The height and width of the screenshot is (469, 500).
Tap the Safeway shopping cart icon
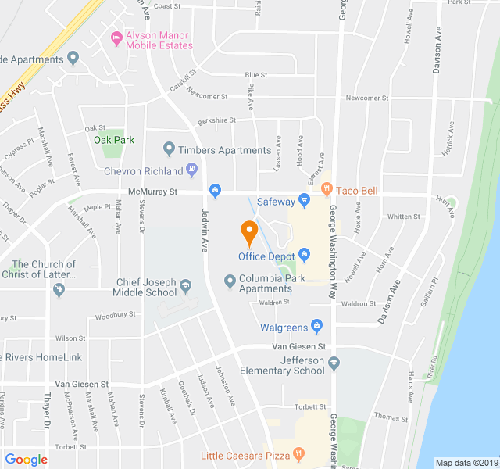click(x=305, y=200)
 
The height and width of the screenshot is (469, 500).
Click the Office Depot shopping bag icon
click(x=305, y=255)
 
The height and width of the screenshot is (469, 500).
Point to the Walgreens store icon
click(x=316, y=325)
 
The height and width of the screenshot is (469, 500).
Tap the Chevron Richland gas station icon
click(x=191, y=170)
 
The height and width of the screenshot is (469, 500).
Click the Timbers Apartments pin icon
click(x=168, y=149)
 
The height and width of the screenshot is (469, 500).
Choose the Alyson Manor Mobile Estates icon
click(x=116, y=37)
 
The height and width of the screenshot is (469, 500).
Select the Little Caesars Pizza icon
click(x=298, y=455)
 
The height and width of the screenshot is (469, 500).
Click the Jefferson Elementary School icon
click(x=334, y=362)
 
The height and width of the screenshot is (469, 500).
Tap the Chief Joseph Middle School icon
click(x=185, y=285)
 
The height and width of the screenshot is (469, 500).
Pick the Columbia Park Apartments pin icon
click(x=230, y=281)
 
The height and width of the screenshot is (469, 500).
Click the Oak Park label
click(x=114, y=140)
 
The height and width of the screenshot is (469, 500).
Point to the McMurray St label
click(x=153, y=192)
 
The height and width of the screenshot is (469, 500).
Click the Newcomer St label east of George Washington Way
click(x=367, y=98)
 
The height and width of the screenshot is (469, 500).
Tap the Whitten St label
click(x=404, y=217)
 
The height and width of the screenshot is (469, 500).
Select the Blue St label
click(x=256, y=75)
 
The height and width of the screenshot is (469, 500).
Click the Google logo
click(x=26, y=460)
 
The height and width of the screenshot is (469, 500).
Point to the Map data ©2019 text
click(x=466, y=463)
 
